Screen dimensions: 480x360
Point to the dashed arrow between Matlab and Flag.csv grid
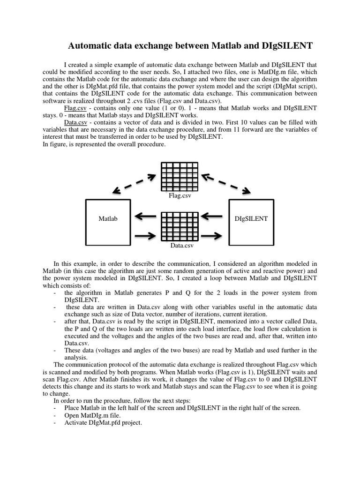pos(134,184)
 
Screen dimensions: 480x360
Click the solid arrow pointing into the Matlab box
pos(146,217)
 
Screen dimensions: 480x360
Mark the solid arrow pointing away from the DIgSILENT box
pos(214,217)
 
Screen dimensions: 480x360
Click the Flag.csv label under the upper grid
pos(180,195)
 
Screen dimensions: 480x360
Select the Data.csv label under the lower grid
pos(182,245)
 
